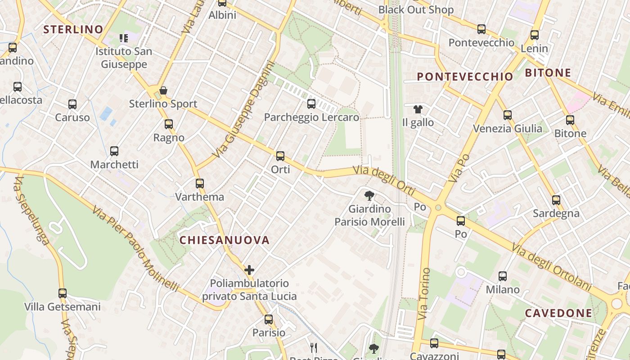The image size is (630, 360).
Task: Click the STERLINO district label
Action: pyautogui.click(x=73, y=30)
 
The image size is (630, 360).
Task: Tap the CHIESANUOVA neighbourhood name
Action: pyautogui.click(x=225, y=240)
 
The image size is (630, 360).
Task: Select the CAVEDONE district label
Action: pyautogui.click(x=558, y=313)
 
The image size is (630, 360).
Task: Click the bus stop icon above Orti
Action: pyautogui.click(x=280, y=156)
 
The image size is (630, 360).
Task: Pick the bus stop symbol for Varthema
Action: pyautogui.click(x=200, y=184)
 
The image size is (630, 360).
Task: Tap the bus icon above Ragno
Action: pyautogui.click(x=169, y=124)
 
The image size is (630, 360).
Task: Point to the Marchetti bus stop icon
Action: pyautogui.click(x=114, y=151)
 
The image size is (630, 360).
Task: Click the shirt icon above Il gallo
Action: pyautogui.click(x=418, y=109)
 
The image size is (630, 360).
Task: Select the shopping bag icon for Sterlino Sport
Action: pyautogui.click(x=163, y=90)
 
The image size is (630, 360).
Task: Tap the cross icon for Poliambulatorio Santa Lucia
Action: pyautogui.click(x=249, y=270)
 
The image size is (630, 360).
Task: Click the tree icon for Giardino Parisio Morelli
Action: pyautogui.click(x=369, y=195)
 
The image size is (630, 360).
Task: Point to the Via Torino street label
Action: pyautogui.click(x=423, y=294)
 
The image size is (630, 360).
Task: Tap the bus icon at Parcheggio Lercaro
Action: pyautogui.click(x=311, y=104)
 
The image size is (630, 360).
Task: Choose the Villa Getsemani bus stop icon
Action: pyautogui.click(x=63, y=293)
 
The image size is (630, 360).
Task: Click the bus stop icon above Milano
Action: pyautogui.click(x=503, y=276)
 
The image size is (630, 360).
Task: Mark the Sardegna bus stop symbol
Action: pyautogui.click(x=556, y=200)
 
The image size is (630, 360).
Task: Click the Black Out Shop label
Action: pyautogui.click(x=415, y=9)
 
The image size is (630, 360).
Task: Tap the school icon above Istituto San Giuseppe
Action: pyautogui.click(x=124, y=38)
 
